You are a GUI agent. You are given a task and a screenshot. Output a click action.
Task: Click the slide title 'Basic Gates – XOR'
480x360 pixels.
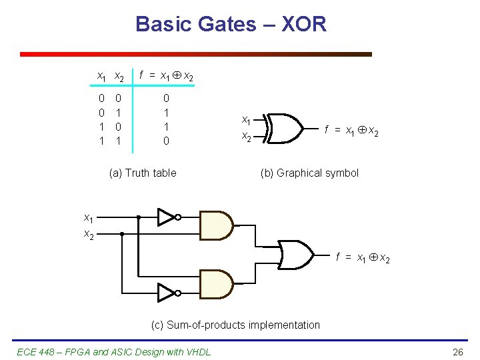(231, 25)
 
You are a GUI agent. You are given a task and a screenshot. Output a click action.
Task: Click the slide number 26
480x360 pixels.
(457, 351)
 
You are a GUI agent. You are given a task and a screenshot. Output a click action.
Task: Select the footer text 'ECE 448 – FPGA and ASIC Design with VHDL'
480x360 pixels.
(113, 351)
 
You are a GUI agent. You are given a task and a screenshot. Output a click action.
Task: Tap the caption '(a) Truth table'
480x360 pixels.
(142, 173)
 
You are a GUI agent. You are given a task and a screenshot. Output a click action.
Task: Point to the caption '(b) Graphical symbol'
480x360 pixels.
(309, 173)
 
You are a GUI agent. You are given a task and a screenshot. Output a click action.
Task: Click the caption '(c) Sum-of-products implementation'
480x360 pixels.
(235, 325)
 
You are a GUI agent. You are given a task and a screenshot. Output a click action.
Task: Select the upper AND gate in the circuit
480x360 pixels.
(216, 225)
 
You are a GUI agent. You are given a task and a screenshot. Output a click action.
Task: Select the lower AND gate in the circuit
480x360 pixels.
(216, 283)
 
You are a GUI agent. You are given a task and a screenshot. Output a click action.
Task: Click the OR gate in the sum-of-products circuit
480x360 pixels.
(295, 253)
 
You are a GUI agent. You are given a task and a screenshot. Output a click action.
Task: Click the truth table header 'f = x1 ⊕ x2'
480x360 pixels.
(167, 77)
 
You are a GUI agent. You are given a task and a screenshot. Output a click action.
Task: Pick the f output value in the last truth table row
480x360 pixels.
(166, 141)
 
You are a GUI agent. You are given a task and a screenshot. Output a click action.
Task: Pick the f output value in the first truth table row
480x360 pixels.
(166, 99)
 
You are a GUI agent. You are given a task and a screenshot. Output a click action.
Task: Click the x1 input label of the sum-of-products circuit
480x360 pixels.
(88, 218)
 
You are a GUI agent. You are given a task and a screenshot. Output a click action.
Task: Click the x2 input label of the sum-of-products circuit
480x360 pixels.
(88, 234)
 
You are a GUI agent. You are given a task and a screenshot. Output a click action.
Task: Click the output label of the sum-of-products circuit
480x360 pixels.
(363, 257)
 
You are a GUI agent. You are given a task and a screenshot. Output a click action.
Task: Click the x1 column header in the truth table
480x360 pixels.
(101, 77)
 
